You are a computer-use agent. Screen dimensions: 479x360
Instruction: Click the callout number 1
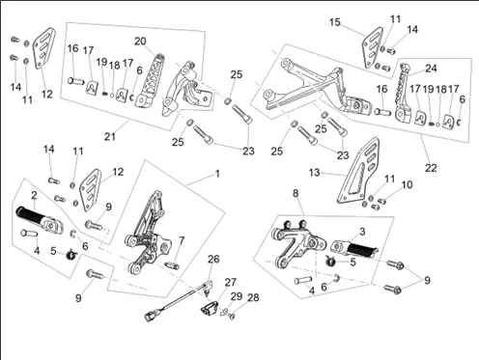pyautogui.click(x=217, y=174)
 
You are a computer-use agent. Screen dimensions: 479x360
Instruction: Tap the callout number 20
pyautogui.click(x=140, y=42)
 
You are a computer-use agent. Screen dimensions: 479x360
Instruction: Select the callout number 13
pyautogui.click(x=314, y=173)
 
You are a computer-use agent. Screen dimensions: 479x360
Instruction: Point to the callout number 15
pyautogui.click(x=335, y=22)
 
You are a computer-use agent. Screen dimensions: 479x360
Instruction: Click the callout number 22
pyautogui.click(x=431, y=168)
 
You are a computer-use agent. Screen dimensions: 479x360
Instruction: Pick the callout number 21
pyautogui.click(x=110, y=136)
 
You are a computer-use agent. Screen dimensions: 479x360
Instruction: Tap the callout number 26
pyautogui.click(x=213, y=259)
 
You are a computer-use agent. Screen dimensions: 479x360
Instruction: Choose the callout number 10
pyautogui.click(x=408, y=184)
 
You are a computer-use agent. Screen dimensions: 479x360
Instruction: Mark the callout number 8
pyautogui.click(x=296, y=193)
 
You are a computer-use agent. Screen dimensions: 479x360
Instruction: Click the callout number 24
pyautogui.click(x=432, y=69)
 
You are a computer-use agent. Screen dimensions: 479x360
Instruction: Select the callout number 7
pyautogui.click(x=182, y=240)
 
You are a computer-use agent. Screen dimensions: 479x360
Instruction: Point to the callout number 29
pyautogui.click(x=237, y=296)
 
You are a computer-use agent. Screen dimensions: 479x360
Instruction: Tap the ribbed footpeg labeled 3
pyautogui.click(x=354, y=249)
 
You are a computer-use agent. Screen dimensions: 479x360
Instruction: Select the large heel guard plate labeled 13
pyautogui.click(x=358, y=171)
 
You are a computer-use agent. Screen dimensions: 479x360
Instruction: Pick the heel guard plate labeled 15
pyautogui.click(x=373, y=48)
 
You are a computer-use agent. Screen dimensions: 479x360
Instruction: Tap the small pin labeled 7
pyautogui.click(x=172, y=265)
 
